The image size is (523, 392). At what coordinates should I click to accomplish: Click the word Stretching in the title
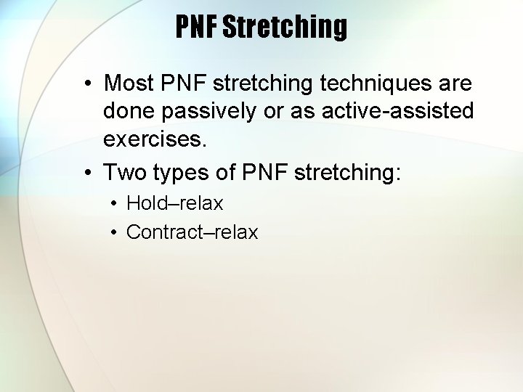[285, 28]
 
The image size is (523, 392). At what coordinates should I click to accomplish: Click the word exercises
[155, 139]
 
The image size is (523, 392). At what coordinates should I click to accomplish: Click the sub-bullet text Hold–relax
[174, 204]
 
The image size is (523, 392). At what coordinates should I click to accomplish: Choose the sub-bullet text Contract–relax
[192, 232]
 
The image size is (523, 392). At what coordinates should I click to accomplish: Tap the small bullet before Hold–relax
[115, 204]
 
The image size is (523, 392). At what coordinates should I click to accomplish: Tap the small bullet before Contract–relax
[115, 232]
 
